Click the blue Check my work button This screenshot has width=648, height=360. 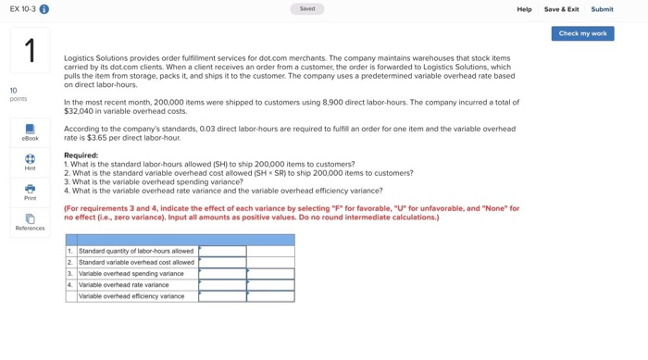pos(582,33)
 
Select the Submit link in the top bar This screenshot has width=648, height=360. pos(602,9)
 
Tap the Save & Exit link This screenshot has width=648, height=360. pos(561,9)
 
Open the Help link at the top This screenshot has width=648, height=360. pos(524,9)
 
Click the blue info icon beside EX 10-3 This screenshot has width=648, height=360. pos(44,9)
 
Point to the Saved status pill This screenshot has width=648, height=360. pos(306,9)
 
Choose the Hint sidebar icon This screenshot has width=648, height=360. pos(30,162)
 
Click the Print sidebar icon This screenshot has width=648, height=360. pos(30,192)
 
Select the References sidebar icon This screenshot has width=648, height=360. pos(30,222)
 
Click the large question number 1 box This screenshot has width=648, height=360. pos(30,50)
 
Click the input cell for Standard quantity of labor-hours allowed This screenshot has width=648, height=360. pos(222,251)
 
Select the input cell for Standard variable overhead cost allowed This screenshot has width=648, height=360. pos(222,262)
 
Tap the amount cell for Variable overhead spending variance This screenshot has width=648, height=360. pos(222,274)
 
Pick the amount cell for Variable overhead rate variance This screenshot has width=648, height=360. pos(222,285)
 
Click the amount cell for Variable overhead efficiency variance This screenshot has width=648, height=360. pos(222,296)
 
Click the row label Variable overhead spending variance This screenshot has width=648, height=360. pos(131,274)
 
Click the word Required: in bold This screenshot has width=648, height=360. pos(81,155)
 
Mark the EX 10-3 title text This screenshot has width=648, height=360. pos(22,9)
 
